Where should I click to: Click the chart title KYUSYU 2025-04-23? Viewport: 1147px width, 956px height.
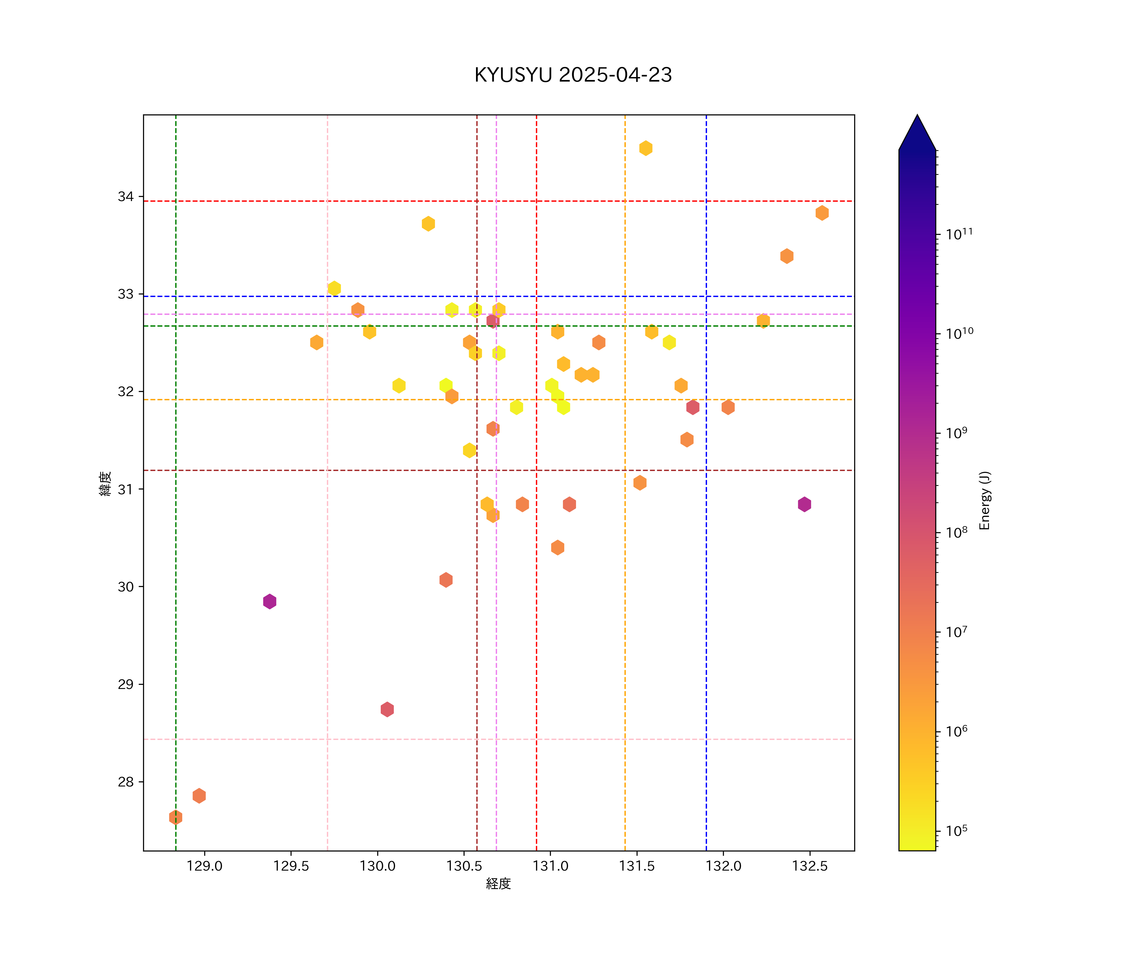click(573, 75)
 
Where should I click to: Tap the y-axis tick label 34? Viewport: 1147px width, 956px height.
click(126, 197)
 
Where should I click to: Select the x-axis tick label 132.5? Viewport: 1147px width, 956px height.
click(810, 866)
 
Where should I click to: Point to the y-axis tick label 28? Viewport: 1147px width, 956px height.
click(126, 782)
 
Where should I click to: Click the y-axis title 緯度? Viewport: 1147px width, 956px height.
click(105, 483)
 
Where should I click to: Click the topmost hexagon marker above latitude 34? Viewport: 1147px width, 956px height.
click(646, 148)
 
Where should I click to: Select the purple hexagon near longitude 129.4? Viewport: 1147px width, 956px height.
click(269, 601)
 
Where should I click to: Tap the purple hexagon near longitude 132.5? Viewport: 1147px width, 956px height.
click(804, 504)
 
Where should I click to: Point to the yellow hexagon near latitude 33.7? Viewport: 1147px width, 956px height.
click(428, 223)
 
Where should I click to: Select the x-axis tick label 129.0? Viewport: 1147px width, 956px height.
click(204, 866)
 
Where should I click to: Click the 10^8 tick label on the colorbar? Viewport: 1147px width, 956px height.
click(956, 532)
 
